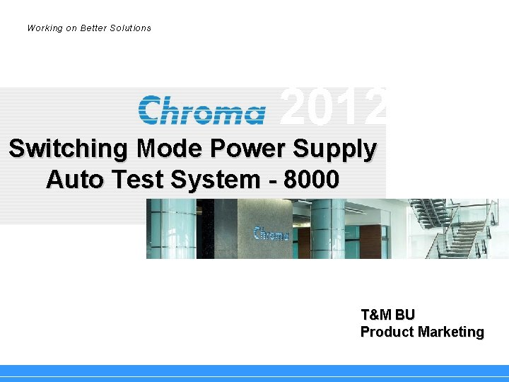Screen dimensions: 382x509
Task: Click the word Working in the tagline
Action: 44,28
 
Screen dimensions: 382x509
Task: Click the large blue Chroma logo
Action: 202,111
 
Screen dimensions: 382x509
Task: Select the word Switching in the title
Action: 69,149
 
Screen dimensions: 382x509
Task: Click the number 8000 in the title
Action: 311,180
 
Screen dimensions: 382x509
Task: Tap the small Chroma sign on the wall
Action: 271,233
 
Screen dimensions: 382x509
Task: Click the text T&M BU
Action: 387,315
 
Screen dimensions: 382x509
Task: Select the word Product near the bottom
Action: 387,332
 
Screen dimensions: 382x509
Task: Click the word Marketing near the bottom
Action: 451,332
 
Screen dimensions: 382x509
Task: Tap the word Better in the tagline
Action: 95,28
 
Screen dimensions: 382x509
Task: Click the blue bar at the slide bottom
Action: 255,371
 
